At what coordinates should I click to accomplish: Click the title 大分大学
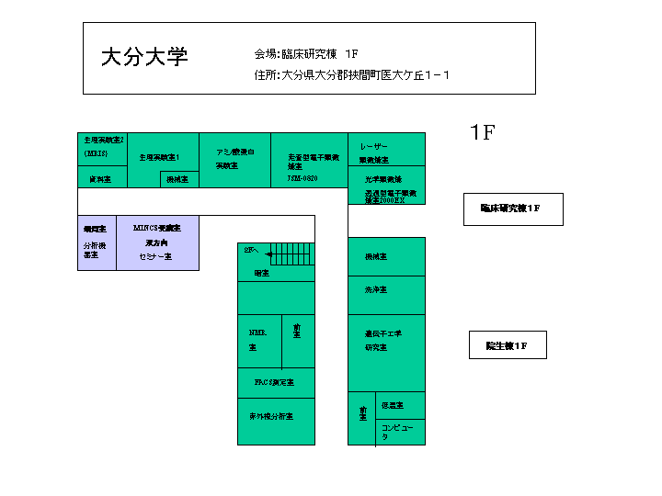point(144,57)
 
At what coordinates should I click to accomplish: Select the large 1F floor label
point(483,132)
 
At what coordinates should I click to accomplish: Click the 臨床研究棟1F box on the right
point(512,209)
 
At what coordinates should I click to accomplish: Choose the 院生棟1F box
point(508,345)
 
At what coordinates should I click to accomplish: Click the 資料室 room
point(102,179)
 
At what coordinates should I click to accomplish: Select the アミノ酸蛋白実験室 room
point(235,159)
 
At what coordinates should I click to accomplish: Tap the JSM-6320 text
point(302,179)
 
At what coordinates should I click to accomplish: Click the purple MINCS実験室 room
point(157,242)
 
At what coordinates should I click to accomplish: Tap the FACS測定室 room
point(275,382)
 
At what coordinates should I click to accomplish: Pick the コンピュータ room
point(401,432)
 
